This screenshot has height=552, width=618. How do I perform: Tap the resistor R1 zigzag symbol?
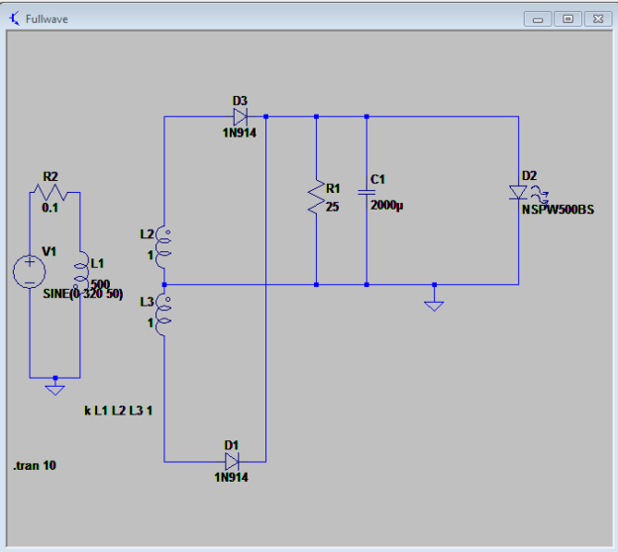(x=315, y=198)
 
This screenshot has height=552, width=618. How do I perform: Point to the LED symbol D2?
(x=518, y=192)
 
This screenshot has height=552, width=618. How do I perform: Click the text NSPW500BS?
(x=558, y=210)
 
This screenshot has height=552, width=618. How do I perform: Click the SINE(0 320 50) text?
(x=83, y=294)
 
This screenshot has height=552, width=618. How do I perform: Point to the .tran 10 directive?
(x=35, y=466)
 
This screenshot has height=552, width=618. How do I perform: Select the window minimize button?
(x=540, y=19)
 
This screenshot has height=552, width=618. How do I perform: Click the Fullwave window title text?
(x=47, y=19)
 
